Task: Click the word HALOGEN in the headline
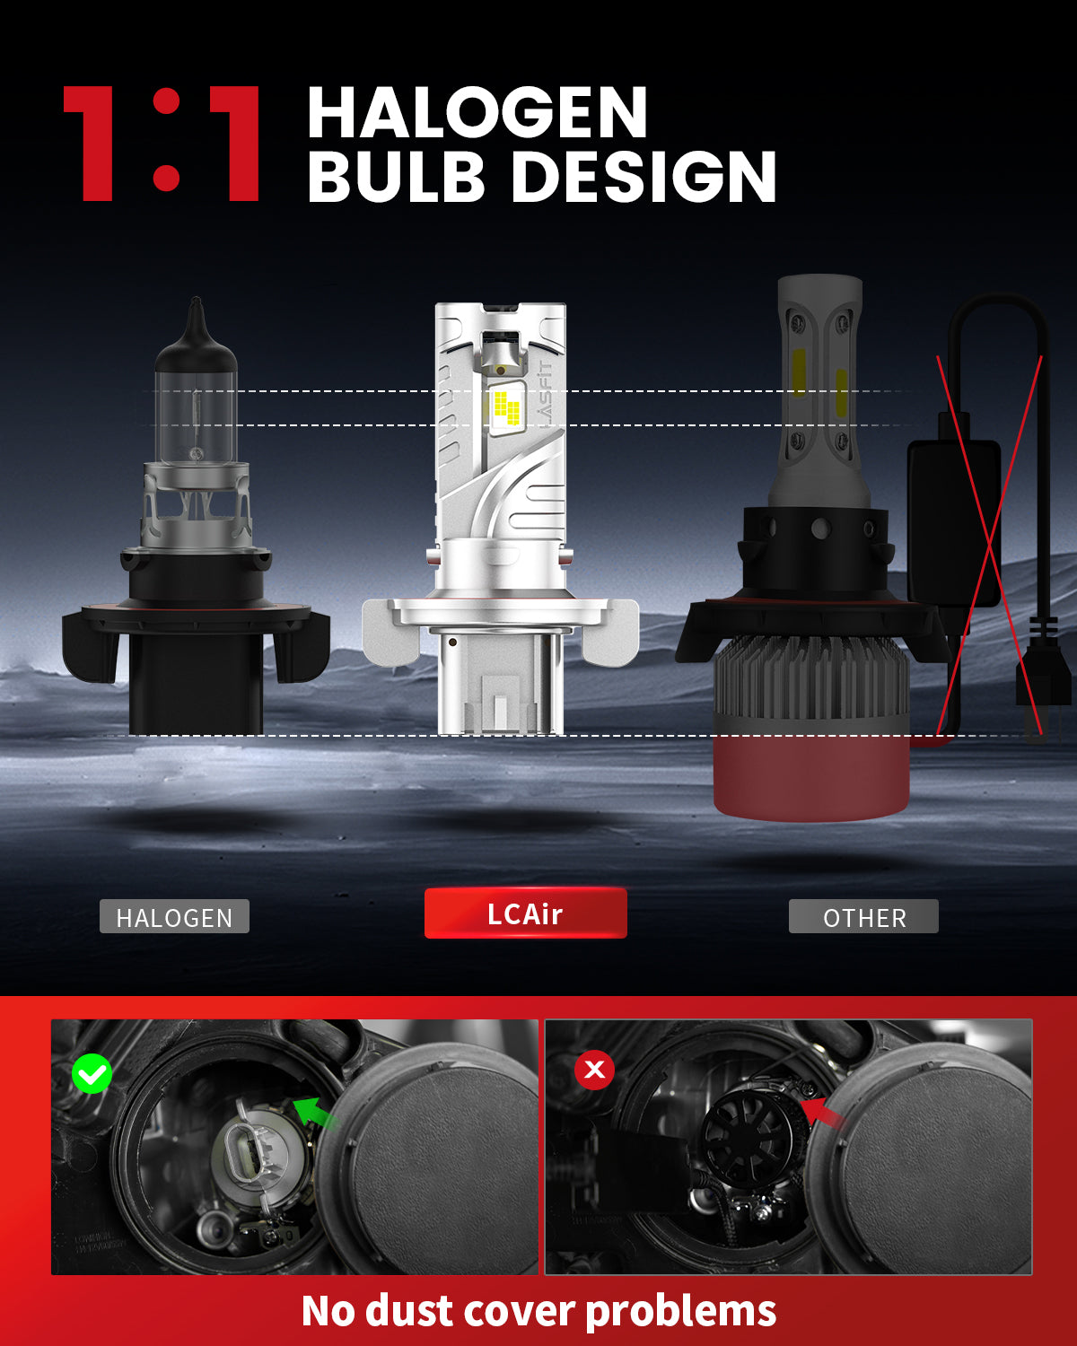point(477,113)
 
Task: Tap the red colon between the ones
point(166,144)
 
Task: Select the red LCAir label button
point(525,913)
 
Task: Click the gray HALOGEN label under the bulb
point(174,917)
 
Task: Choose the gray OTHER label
point(863,917)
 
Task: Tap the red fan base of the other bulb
point(810,776)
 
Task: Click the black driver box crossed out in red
point(953,520)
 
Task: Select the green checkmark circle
point(92,1073)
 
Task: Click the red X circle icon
point(594,1070)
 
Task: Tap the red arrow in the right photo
point(822,1115)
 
